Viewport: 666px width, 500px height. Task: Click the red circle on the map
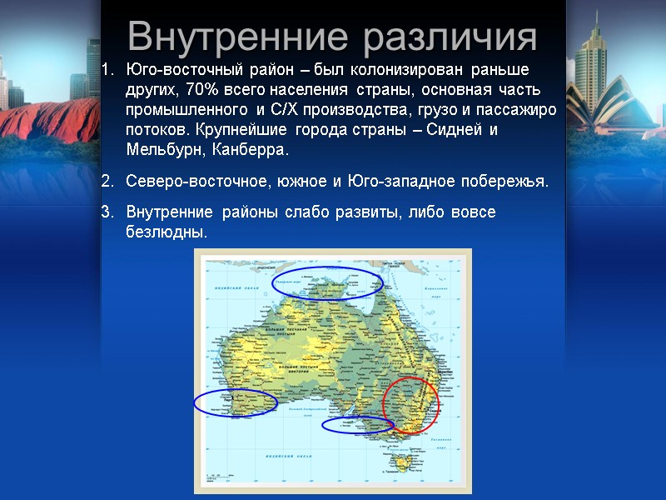410,405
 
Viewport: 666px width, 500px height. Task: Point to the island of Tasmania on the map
405,459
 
